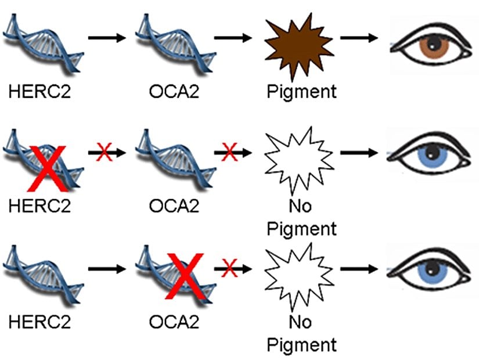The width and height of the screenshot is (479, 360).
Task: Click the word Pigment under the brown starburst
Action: tap(301, 91)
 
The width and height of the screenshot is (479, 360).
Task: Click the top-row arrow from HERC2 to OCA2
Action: tap(107, 38)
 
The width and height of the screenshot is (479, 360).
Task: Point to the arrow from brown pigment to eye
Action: tap(359, 38)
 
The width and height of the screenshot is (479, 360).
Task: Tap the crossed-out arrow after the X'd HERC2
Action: tap(107, 153)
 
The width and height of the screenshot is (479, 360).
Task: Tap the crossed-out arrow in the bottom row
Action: tap(233, 268)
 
